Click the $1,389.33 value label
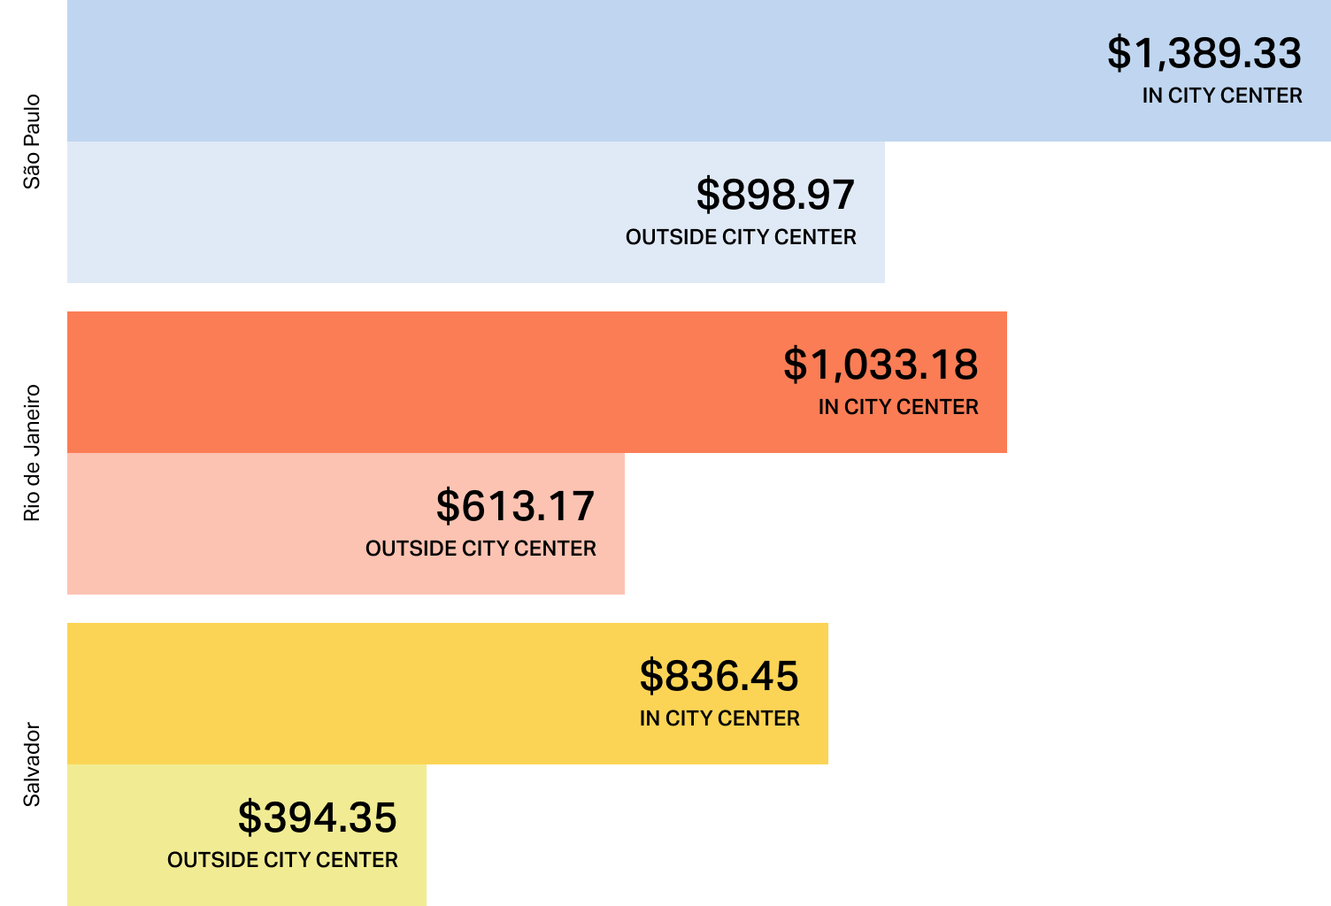(x=1204, y=53)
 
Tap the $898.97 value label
(x=775, y=195)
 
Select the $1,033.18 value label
(x=881, y=365)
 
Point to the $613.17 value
(x=515, y=506)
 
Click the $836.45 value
(x=719, y=676)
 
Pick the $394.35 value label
(x=317, y=818)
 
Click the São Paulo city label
(x=32, y=142)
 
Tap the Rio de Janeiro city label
(x=32, y=453)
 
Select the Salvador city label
(x=32, y=764)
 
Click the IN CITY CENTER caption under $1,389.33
(x=1221, y=96)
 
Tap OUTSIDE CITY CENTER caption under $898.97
(x=741, y=237)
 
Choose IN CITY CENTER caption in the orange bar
(x=898, y=407)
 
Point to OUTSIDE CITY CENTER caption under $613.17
(x=481, y=549)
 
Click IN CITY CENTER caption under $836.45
(x=719, y=718)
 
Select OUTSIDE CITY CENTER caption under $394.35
(x=282, y=860)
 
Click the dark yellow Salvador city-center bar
(x=354, y=694)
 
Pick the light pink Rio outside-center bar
(x=221, y=524)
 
